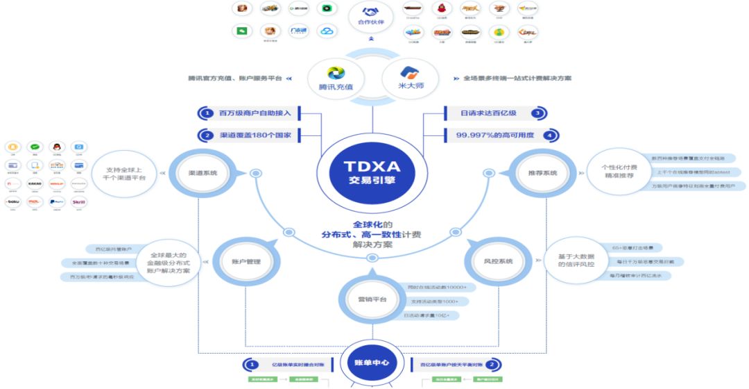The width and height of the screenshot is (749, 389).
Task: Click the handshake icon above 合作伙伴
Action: [x=370, y=12]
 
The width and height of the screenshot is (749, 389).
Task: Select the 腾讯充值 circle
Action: [x=336, y=77]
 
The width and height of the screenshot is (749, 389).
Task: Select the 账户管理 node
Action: [x=244, y=261]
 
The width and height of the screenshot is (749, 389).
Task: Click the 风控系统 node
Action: [x=497, y=261]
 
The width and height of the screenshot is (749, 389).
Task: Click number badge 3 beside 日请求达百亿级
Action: [x=537, y=113]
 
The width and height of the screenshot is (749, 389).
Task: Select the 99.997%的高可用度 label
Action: [x=494, y=135]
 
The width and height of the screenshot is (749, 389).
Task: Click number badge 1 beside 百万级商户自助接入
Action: [x=205, y=113]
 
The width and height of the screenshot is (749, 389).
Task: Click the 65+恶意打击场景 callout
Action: [x=636, y=247]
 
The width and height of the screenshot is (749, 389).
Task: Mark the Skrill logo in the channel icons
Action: [x=79, y=202]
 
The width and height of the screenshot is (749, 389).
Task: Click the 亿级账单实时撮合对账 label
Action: [x=297, y=363]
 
